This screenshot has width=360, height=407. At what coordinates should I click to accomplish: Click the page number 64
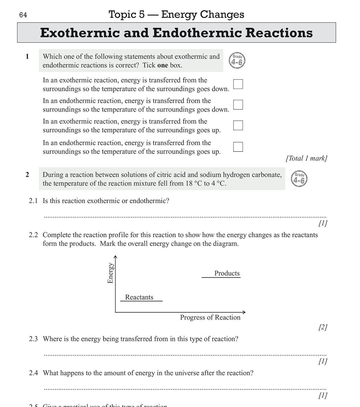23,15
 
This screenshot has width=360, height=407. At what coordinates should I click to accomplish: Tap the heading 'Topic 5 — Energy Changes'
176,14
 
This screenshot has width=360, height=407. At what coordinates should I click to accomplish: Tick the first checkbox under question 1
238,84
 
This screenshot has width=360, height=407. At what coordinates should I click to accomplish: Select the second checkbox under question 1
238,105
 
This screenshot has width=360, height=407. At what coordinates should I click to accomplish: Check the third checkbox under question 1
238,125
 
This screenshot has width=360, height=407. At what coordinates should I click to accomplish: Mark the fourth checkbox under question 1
238,147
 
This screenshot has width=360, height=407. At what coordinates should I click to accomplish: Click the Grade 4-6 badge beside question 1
237,61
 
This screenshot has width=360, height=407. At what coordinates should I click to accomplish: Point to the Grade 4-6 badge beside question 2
299,179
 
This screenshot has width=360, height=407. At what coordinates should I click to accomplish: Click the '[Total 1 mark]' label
306,158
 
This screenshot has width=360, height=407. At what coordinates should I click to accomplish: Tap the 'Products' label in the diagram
227,273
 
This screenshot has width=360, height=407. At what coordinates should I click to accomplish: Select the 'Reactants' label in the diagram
139,297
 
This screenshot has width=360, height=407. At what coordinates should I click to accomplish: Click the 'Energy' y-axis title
110,273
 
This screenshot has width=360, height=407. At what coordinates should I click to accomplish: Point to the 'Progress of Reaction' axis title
210,317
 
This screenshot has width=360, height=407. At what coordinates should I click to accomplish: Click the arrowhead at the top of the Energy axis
115,257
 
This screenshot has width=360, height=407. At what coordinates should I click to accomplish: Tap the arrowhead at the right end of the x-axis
244,312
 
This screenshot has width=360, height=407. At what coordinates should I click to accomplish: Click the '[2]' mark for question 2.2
323,327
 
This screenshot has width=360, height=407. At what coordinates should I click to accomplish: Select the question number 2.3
33,339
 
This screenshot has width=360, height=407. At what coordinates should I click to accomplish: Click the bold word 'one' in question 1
163,65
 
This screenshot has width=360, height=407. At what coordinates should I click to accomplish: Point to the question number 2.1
33,201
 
